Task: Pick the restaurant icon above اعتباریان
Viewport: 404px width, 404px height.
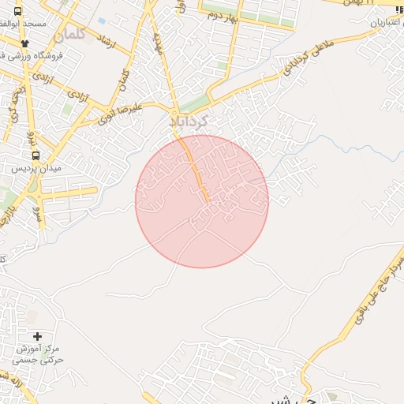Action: click(399, 10)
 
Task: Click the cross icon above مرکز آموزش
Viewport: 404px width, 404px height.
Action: click(37, 336)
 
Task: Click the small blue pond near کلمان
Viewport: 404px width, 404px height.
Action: click(101, 21)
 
